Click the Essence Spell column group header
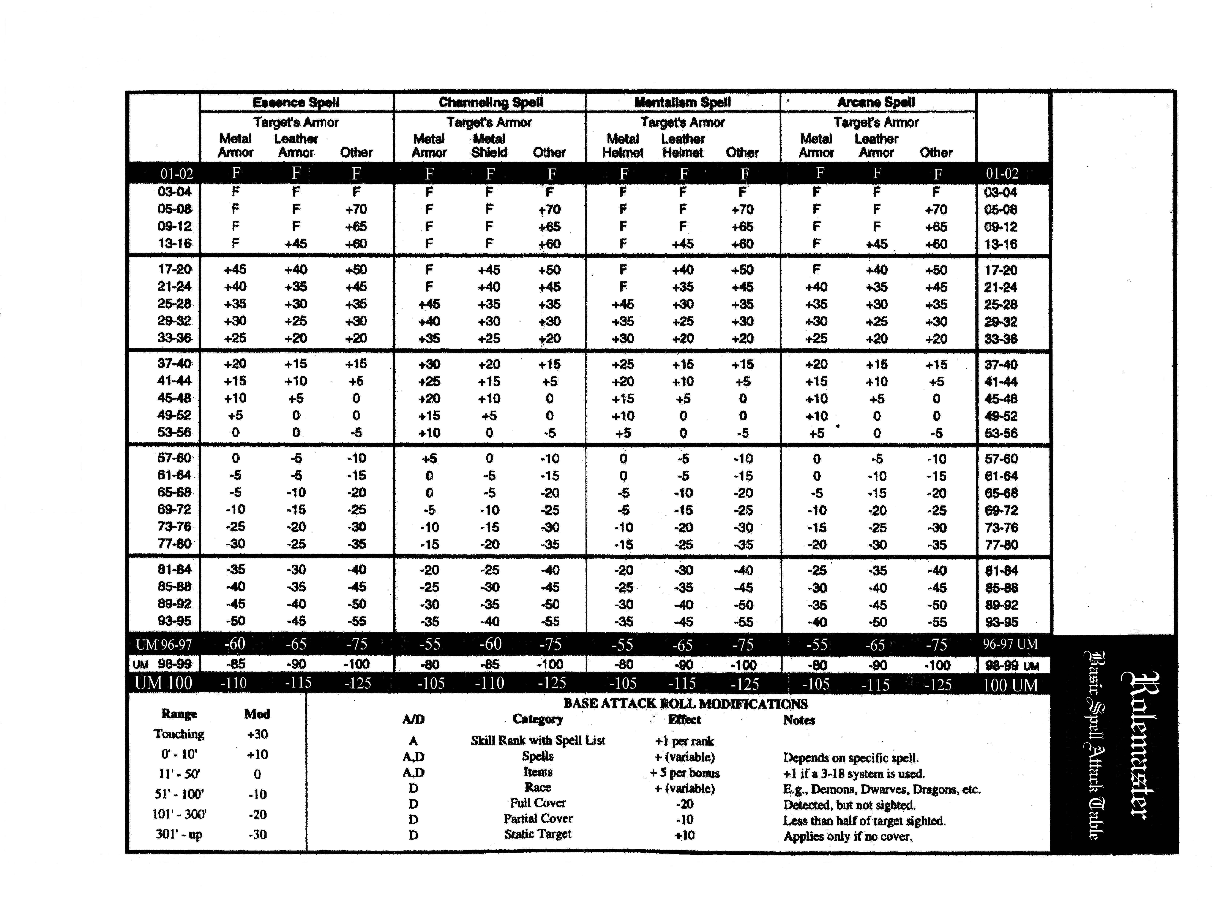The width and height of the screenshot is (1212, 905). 296,102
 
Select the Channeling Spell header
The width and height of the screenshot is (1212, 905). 490,102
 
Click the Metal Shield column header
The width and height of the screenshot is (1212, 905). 489,146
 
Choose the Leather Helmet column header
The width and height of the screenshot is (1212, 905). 683,146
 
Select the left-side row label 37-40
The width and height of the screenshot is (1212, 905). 175,364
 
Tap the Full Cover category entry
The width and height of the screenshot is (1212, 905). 537,803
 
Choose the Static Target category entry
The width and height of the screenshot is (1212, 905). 537,834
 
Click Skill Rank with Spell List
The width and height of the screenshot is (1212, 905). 537,741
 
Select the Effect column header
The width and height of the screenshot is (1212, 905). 684,719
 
